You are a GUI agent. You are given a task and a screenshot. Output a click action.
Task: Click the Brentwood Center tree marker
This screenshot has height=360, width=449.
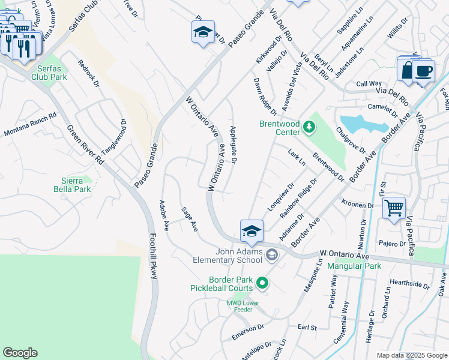tap(309, 125)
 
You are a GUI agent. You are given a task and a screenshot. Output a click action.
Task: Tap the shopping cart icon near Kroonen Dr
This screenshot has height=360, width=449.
tap(394, 209)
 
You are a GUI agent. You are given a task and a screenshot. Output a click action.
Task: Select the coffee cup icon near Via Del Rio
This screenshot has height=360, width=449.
tap(424, 71)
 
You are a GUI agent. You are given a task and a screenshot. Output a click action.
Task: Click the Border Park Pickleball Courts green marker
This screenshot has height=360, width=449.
tap(262, 281)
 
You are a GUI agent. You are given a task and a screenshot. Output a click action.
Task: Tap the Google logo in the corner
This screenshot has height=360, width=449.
tap(20, 353)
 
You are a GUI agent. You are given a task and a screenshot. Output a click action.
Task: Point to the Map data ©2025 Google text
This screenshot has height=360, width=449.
tap(411, 355)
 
